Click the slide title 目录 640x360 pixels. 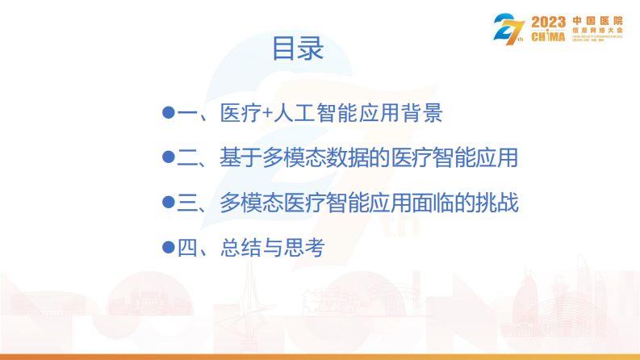coord(298,48)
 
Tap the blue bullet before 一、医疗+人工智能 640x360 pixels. coord(169,113)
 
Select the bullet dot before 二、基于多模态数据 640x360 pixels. coord(169,157)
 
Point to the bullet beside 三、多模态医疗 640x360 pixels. coord(169,203)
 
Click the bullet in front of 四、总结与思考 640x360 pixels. coord(169,248)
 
